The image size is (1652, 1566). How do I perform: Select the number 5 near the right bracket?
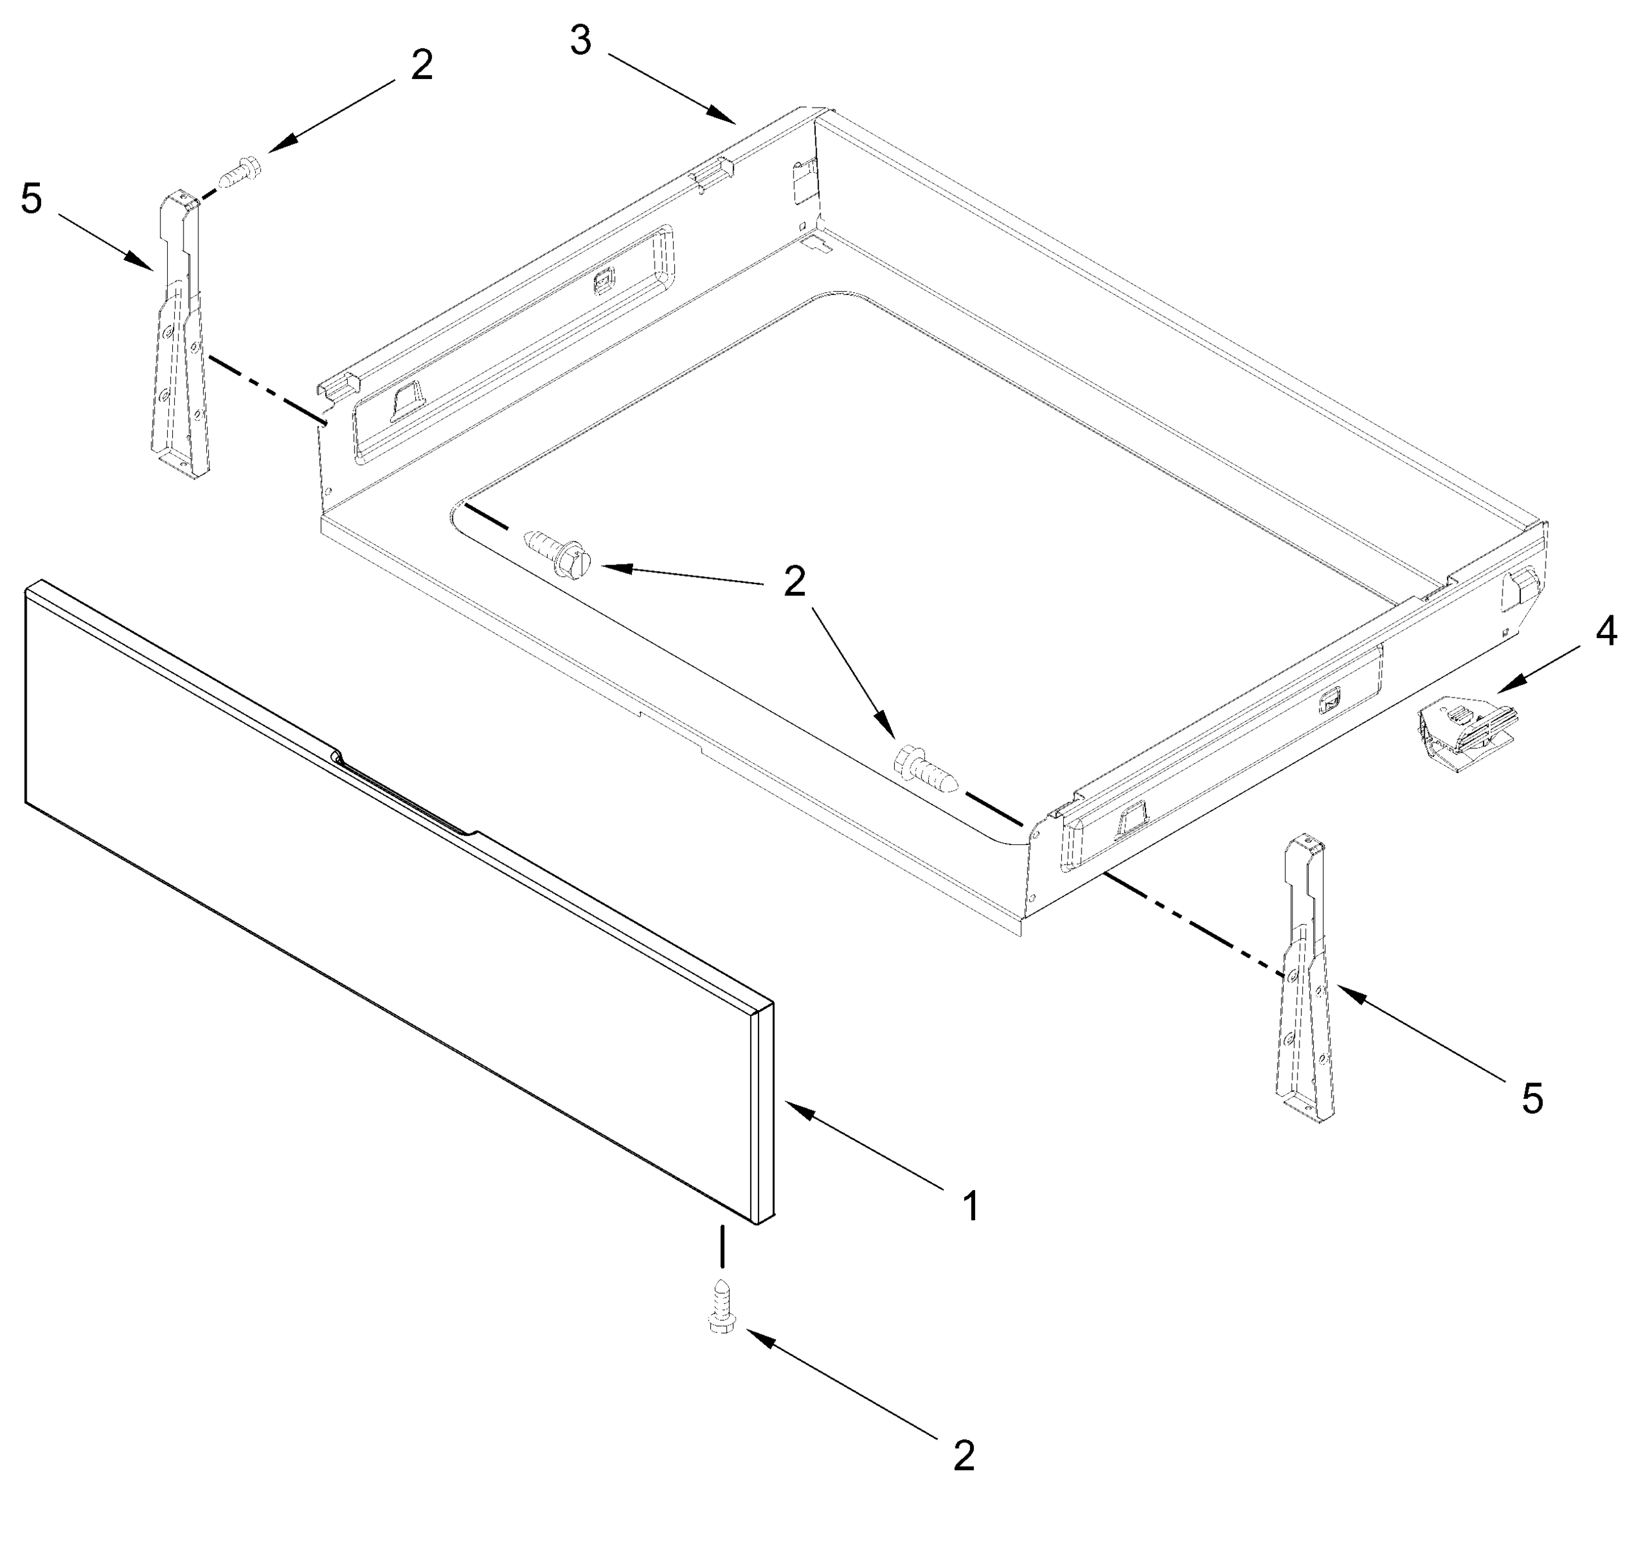1533,1099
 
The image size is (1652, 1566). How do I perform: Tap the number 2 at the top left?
422,66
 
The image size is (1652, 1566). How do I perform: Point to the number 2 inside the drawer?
794,582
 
